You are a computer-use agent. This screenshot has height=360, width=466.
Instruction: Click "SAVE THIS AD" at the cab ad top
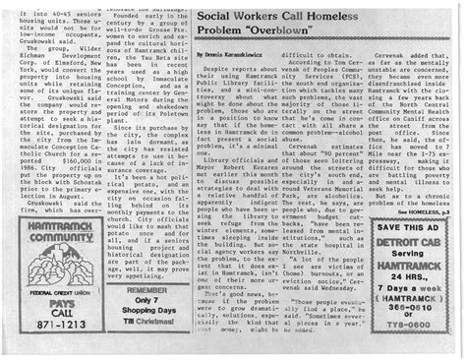tap(403, 227)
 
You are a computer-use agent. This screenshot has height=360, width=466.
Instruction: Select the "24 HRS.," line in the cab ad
tap(403, 280)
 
